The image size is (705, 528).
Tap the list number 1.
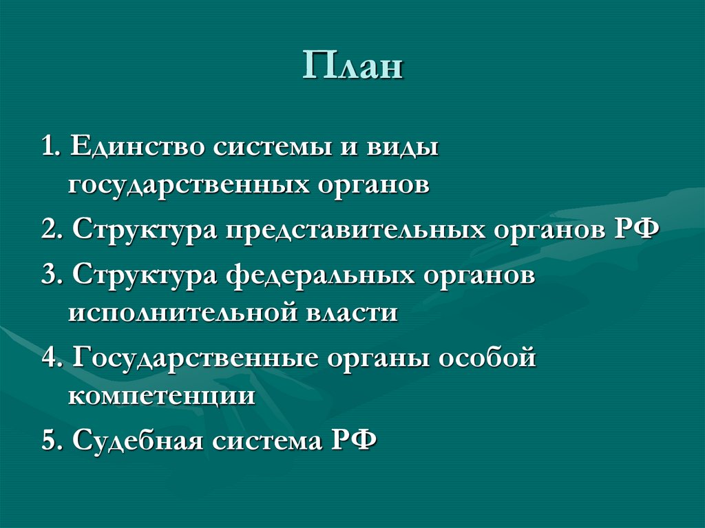pyautogui.click(x=49, y=147)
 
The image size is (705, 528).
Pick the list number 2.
pyautogui.click(x=50, y=228)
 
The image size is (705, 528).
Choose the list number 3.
pyautogui.click(x=50, y=275)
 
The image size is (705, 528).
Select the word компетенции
pyautogui.click(x=162, y=397)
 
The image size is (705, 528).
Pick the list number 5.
pyautogui.click(x=50, y=440)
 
